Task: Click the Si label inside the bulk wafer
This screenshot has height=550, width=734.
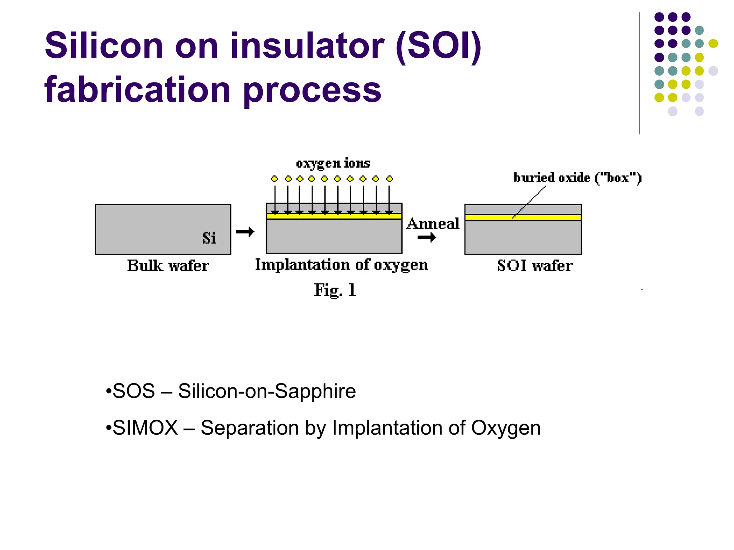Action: pos(209,238)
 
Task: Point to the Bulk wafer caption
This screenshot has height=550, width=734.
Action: pos(168,266)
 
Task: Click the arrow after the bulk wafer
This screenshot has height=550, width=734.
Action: pos(245,232)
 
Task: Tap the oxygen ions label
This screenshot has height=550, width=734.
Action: pos(333,163)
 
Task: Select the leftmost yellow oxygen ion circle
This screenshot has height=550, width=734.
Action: pos(275,179)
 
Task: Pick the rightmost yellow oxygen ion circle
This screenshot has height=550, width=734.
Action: pos(390,179)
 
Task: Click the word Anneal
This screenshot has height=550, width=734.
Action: pos(433,223)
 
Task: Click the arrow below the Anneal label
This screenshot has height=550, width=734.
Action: pos(426,237)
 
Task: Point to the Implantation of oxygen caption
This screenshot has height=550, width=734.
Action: pos(342,265)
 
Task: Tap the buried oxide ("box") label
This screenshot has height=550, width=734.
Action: pos(577,178)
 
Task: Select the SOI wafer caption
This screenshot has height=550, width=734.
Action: pos(535,266)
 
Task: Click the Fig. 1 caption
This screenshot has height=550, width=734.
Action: pos(335,290)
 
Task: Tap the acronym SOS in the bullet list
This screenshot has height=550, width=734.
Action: pos(134,391)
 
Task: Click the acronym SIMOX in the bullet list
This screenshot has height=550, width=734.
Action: pos(145,428)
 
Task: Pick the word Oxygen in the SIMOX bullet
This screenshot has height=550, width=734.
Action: pos(505,428)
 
